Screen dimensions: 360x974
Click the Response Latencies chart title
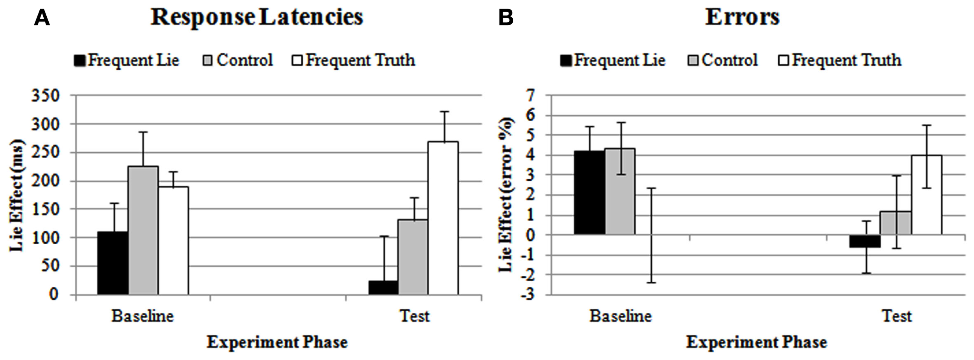[257, 17]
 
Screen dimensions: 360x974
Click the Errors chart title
[742, 17]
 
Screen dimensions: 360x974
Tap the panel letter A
[42, 18]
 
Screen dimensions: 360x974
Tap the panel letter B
[506, 18]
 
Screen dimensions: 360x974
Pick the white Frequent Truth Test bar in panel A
[443, 218]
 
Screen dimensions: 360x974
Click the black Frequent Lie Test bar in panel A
[383, 288]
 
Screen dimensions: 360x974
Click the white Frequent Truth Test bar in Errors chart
[926, 195]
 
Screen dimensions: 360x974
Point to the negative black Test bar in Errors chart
[865, 241]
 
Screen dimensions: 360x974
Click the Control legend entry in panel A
[238, 60]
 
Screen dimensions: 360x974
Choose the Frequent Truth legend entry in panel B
[840, 60]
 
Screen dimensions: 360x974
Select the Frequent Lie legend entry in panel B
[612, 60]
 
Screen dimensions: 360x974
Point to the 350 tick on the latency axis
[45, 95]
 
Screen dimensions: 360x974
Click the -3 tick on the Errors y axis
[528, 295]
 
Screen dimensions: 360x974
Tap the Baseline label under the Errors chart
[620, 316]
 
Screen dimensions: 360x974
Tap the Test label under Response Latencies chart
[415, 316]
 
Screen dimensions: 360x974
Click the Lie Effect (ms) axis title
[16, 195]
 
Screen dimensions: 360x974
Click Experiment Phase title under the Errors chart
[756, 342]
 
